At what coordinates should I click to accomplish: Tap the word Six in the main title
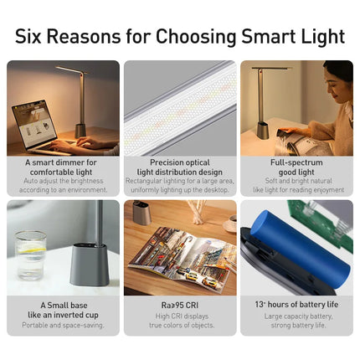coord(33,36)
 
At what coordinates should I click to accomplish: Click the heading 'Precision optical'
coord(179,162)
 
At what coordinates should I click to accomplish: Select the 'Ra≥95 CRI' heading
coord(179,306)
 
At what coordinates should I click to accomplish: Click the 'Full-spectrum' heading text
coord(296,162)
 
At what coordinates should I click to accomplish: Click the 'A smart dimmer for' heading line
coord(61,162)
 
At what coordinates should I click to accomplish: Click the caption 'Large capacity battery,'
coord(296,316)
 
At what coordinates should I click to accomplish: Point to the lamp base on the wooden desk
coord(142,214)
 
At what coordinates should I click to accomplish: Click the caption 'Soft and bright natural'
coord(296,181)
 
